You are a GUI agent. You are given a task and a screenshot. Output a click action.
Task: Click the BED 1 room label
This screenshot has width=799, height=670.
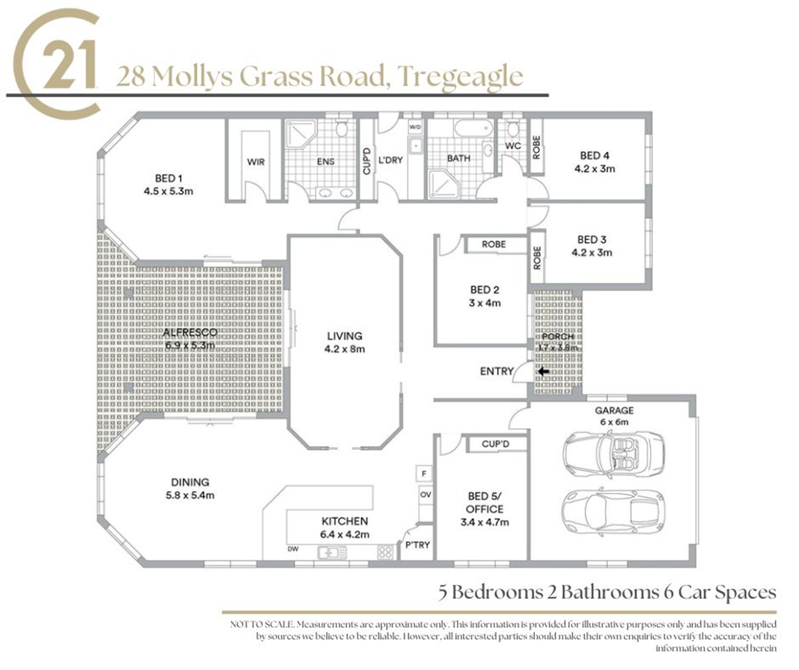pyautogui.click(x=168, y=178)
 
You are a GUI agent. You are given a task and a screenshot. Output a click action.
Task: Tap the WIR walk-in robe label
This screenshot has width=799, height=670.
pyautogui.click(x=256, y=162)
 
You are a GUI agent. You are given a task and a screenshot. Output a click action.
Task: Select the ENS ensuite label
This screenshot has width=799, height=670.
pyautogui.click(x=326, y=161)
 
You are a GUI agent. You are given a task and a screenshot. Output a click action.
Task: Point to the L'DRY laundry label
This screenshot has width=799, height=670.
pyautogui.click(x=391, y=160)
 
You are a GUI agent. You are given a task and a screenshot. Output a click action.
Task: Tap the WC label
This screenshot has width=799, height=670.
pyautogui.click(x=513, y=146)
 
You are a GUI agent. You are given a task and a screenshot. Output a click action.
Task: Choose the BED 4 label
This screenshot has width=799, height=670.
pyautogui.click(x=594, y=155)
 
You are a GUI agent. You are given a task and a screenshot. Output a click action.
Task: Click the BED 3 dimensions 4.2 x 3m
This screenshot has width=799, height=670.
pyautogui.click(x=592, y=252)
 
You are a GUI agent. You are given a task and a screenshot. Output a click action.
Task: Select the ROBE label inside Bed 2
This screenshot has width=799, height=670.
pyautogui.click(x=493, y=244)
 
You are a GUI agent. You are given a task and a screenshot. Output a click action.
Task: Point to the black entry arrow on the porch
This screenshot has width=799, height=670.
pyautogui.click(x=543, y=372)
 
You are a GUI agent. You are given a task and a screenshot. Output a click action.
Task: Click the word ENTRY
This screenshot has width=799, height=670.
pyautogui.click(x=496, y=371)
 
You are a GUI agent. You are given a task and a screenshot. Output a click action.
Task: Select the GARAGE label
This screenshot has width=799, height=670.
pyautogui.click(x=614, y=410)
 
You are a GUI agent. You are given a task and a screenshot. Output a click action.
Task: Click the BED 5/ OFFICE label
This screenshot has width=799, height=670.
pyautogui.click(x=484, y=502)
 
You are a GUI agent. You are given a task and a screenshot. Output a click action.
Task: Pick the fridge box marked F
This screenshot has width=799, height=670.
pyautogui.click(x=424, y=474)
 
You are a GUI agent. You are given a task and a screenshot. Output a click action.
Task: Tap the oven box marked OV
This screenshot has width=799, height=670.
pyautogui.click(x=425, y=495)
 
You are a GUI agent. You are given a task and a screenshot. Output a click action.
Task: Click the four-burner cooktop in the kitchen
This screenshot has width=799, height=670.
pyautogui.click(x=385, y=552)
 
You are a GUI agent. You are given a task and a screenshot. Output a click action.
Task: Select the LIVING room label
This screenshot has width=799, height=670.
pyautogui.click(x=345, y=336)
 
